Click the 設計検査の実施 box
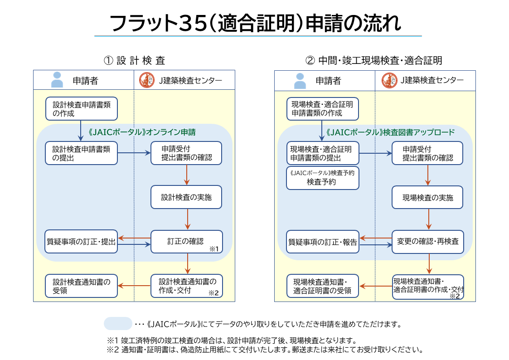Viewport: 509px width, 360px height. pyautogui.click(x=186, y=197)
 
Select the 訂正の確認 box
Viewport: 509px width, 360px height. pyautogui.click(x=186, y=242)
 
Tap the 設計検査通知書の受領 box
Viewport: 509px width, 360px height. pyautogui.click(x=81, y=286)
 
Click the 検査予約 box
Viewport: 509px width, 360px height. pyautogui.click(x=323, y=178)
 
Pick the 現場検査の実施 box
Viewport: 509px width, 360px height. pyautogui.click(x=427, y=198)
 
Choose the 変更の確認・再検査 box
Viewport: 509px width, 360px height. pyautogui.click(x=427, y=242)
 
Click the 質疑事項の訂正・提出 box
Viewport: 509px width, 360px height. pyautogui.click(x=81, y=242)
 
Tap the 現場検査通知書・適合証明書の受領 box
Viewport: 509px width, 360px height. pyautogui.click(x=323, y=286)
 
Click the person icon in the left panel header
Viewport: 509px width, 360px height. pyautogui.click(x=57, y=80)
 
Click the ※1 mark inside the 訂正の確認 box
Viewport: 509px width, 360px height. pyautogui.click(x=214, y=249)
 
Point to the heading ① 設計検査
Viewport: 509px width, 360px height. pyautogui.click(x=134, y=60)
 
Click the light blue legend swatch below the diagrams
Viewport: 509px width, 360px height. pyautogui.click(x=117, y=324)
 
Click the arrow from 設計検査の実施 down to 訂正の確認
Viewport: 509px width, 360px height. pyautogui.click(x=187, y=219)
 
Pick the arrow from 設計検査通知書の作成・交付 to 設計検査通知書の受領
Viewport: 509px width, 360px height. pyautogui.click(x=134, y=286)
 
